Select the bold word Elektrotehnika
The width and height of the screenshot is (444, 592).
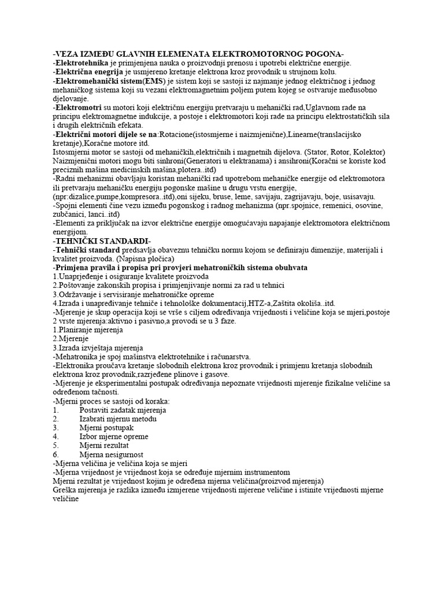80,62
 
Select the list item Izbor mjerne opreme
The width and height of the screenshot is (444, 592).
114,436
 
